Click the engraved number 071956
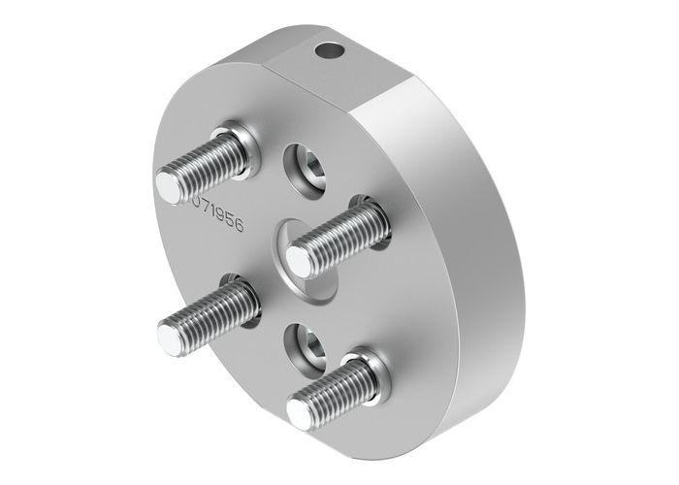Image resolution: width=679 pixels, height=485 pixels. (x=218, y=213)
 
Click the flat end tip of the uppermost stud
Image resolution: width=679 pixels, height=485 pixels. (x=171, y=186)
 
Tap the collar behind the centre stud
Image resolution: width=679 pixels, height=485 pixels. (x=373, y=215)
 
